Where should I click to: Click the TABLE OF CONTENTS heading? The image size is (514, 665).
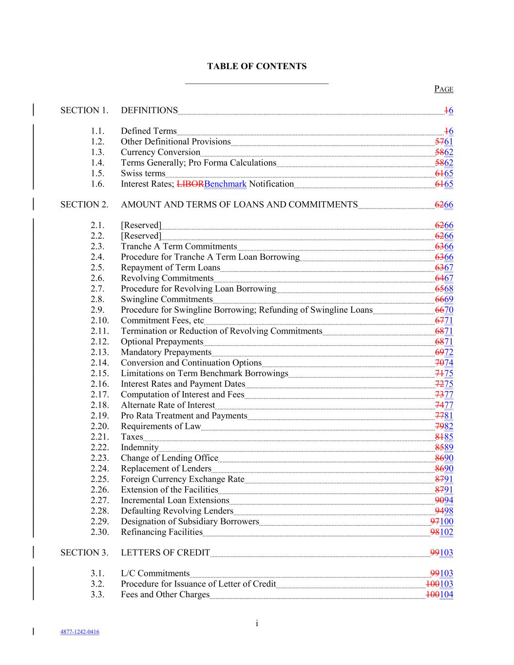[257, 66]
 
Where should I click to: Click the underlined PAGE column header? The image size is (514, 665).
[443, 89]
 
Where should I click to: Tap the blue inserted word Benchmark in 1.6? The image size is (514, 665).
[225, 184]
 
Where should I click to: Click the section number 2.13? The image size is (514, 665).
[99, 352]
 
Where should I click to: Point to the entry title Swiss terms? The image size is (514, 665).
[143, 173]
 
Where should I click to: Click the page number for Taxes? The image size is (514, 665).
[444, 437]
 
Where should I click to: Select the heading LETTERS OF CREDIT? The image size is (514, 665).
[165, 552]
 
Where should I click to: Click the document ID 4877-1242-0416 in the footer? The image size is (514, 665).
[79, 632]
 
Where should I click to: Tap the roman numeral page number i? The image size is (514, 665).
[257, 624]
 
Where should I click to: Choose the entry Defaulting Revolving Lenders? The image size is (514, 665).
[177, 511]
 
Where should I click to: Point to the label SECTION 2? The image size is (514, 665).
[84, 205]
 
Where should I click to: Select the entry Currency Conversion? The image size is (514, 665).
[160, 152]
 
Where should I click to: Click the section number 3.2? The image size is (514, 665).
[97, 584]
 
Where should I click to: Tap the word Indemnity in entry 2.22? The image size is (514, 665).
[139, 447]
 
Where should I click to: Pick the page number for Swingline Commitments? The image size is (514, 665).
[444, 300]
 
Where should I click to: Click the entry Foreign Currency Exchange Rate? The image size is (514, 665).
[182, 479]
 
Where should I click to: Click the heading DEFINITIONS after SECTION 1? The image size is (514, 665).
[149, 111]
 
